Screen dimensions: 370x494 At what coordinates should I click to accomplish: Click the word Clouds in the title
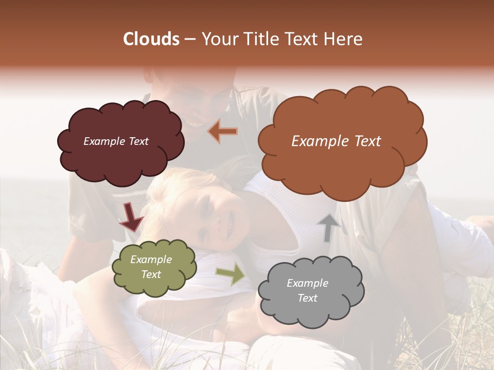tap(151, 39)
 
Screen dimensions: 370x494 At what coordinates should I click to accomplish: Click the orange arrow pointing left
tap(223, 132)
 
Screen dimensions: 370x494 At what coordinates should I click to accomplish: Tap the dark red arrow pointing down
tap(131, 217)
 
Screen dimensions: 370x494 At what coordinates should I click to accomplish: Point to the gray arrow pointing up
tap(329, 228)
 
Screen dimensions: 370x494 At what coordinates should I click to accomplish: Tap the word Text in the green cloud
tap(151, 275)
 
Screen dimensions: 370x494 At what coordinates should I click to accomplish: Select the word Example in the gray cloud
tap(307, 283)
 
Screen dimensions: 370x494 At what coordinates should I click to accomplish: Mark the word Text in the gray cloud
tap(307, 298)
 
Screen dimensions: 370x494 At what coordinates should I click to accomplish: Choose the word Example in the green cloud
tap(151, 260)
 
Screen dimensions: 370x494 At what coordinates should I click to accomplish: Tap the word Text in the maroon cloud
tap(138, 141)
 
